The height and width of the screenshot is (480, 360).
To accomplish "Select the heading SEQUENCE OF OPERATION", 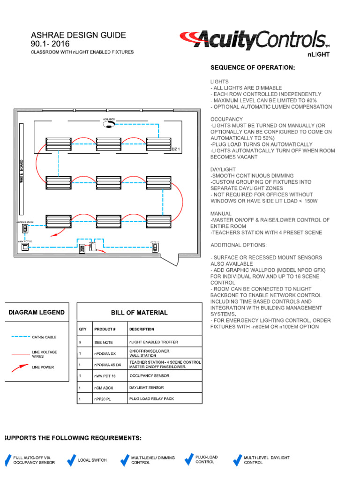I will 253,67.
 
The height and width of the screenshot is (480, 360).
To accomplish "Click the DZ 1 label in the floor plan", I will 176,149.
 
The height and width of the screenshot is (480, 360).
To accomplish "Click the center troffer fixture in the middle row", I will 109,181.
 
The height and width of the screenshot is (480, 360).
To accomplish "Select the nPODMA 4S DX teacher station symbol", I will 24,228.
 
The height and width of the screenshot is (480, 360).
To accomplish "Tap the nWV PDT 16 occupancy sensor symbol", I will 24,247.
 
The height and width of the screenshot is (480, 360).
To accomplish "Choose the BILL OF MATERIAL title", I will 139,313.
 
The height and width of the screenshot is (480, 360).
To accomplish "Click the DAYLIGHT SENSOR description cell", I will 146,388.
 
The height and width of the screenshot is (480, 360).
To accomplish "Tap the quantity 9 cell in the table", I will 80,342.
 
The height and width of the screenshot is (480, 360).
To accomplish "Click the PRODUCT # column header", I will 105,329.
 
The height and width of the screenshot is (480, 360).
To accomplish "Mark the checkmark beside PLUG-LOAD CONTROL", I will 188,460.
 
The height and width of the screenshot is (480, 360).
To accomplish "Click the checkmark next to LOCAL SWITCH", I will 71,460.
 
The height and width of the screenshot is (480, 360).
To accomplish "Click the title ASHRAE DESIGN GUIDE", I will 78,35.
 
